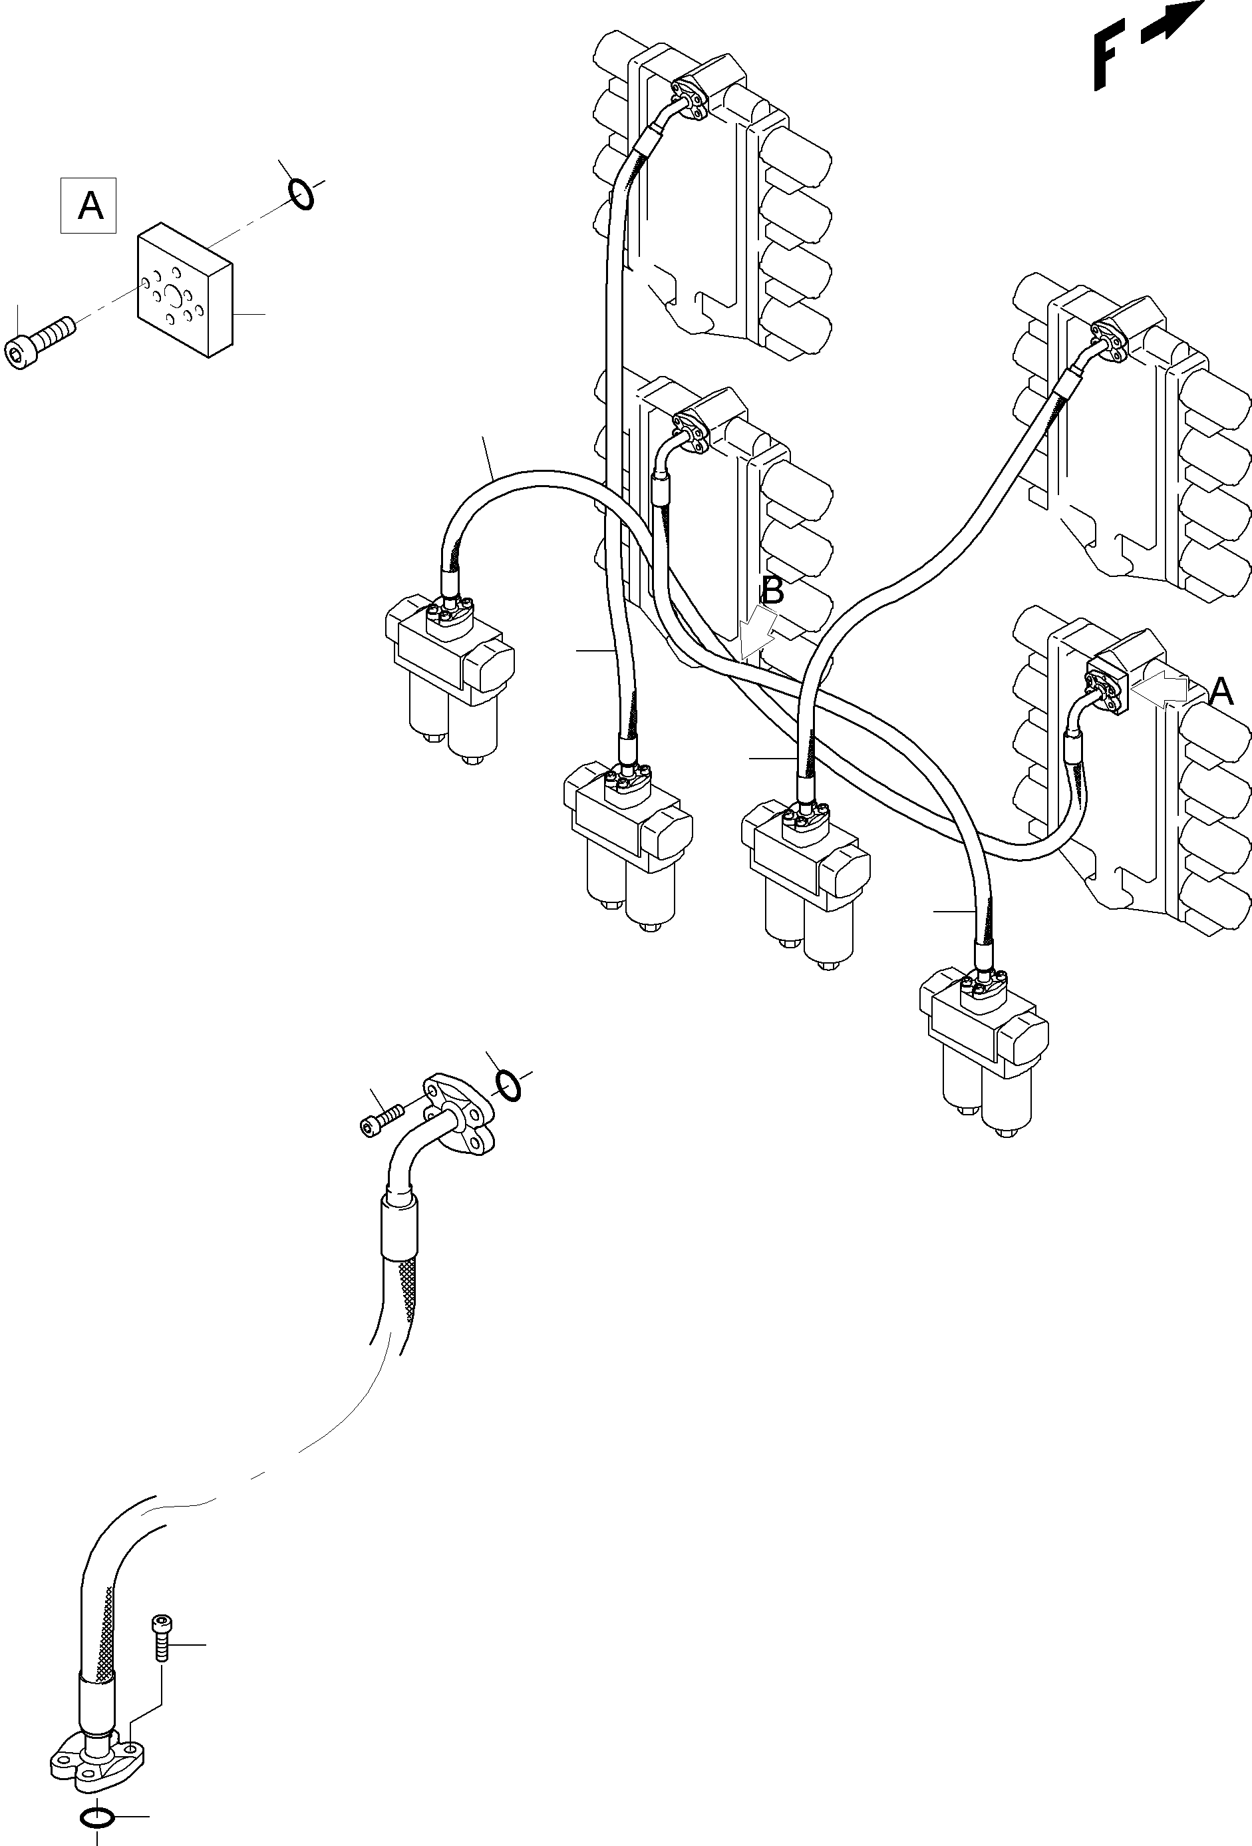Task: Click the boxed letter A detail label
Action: (x=89, y=206)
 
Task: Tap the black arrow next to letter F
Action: (x=1173, y=21)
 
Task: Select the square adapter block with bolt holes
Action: (x=186, y=292)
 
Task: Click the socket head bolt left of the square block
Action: (x=39, y=340)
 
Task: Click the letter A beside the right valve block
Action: (x=1221, y=692)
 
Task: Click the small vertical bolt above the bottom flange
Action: (x=161, y=1638)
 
